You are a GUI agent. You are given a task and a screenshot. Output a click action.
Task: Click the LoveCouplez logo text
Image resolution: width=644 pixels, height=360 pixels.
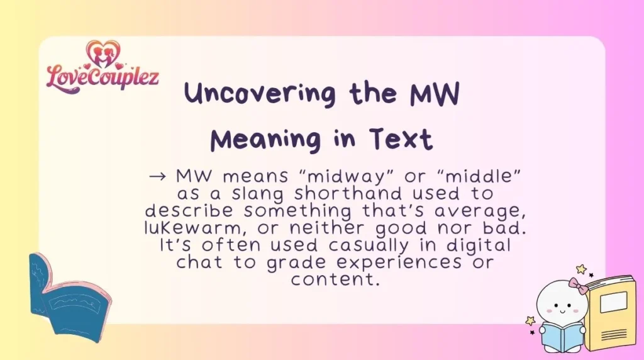[103, 77]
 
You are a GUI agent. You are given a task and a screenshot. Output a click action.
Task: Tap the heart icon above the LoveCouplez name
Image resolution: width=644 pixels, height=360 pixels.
[103, 53]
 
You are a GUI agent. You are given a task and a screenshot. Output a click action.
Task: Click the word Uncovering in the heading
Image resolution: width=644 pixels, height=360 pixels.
[260, 93]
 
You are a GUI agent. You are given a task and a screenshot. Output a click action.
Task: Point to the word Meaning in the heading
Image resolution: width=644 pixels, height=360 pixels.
[266, 140]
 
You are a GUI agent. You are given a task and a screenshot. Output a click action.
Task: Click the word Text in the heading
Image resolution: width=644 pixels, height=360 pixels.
[401, 139]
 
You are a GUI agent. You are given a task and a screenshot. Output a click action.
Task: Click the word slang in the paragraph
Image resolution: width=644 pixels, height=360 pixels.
[257, 194]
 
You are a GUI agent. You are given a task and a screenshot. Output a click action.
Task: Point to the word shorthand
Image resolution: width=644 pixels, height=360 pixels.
[348, 193]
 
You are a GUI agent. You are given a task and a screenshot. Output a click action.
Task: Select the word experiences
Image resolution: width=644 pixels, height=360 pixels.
[399, 263]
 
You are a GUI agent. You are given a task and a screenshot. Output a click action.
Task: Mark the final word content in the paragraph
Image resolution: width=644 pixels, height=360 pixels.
[335, 280]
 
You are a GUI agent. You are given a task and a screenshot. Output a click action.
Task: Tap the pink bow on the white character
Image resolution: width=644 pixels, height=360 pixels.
[579, 284]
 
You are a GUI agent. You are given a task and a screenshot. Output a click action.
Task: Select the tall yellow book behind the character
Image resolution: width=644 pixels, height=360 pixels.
[610, 312]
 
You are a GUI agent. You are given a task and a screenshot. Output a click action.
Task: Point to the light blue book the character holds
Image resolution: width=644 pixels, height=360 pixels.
[562, 336]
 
